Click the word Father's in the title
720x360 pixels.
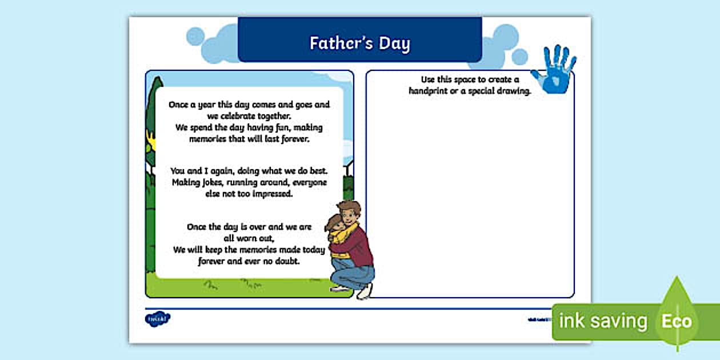tap(340, 43)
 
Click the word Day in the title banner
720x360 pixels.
tap(394, 43)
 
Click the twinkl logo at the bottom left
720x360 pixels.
tap(158, 319)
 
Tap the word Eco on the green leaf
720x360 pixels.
tap(677, 321)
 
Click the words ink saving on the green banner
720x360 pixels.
tap(602, 321)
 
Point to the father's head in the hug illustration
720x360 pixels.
tap(348, 212)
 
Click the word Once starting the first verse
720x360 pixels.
tap(181, 105)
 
